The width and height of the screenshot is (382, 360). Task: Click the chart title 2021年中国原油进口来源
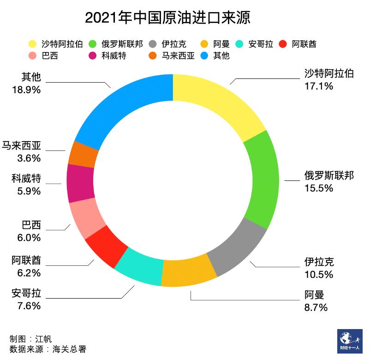167,18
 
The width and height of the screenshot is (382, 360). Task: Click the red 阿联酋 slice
106,246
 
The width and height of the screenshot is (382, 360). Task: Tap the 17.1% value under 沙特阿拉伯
318,86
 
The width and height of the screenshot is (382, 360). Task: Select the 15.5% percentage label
318,188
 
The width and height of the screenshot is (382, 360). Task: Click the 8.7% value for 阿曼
316,307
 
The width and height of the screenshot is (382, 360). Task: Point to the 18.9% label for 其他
27,90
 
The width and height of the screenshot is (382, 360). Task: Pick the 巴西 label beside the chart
31,225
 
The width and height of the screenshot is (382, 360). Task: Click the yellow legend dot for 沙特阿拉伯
32,44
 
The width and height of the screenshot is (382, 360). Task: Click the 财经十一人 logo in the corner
349,341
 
